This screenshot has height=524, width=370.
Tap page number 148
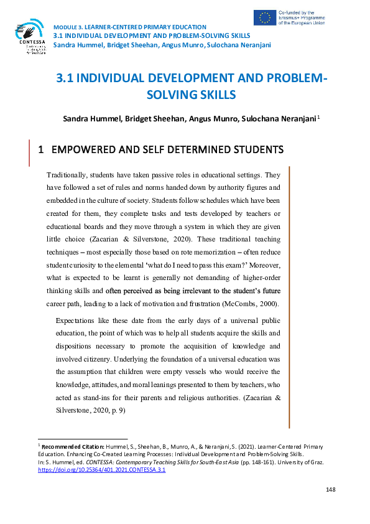point(330,490)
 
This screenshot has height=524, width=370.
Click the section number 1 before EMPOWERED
point(41,150)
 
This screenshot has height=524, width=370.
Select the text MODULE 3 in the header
point(72,27)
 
